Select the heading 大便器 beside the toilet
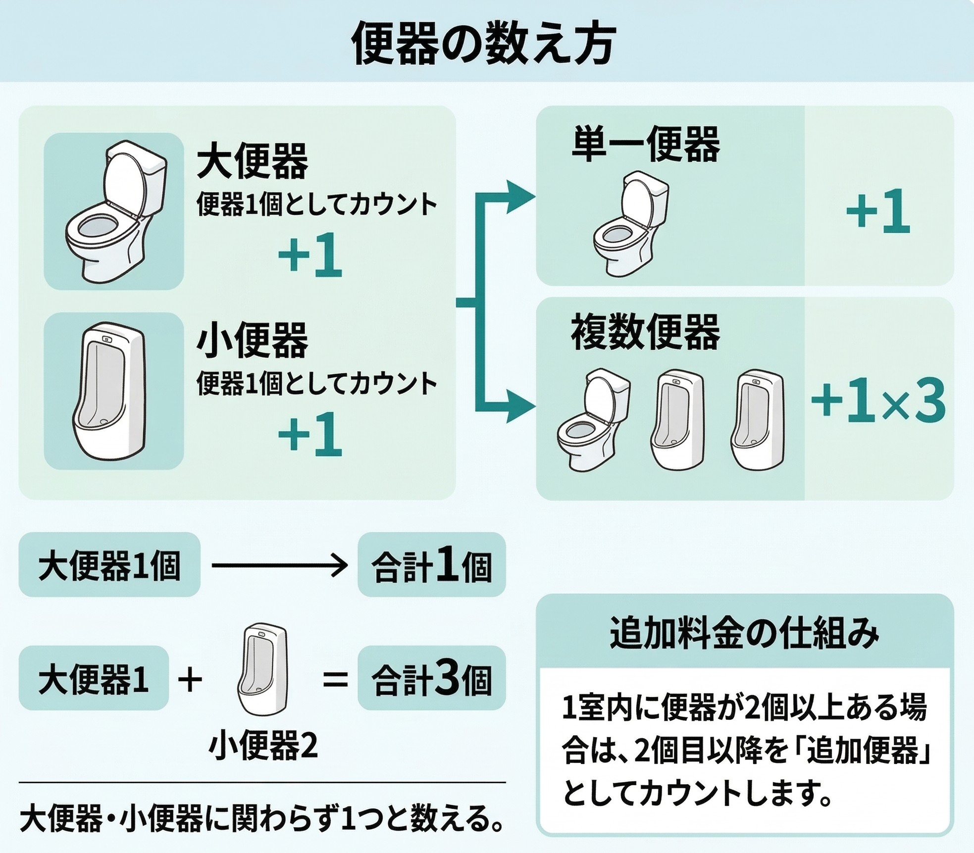pyautogui.click(x=253, y=161)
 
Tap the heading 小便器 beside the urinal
pyautogui.click(x=253, y=341)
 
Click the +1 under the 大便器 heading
pyautogui.click(x=310, y=255)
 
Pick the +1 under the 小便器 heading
pyautogui.click(x=310, y=435)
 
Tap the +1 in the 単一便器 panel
pyautogui.click(x=878, y=211)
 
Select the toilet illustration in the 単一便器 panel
pyautogui.click(x=630, y=223)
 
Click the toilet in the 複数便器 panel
pyautogui.click(x=593, y=419)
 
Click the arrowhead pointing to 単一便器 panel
pyautogui.click(x=520, y=197)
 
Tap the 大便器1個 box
pyautogui.click(x=109, y=565)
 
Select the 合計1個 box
pyautogui.click(x=431, y=565)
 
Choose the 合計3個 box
pyautogui.click(x=431, y=678)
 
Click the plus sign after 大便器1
pyautogui.click(x=190, y=679)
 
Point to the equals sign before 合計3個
pyautogui.click(x=335, y=679)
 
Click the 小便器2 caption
pyautogui.click(x=263, y=746)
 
